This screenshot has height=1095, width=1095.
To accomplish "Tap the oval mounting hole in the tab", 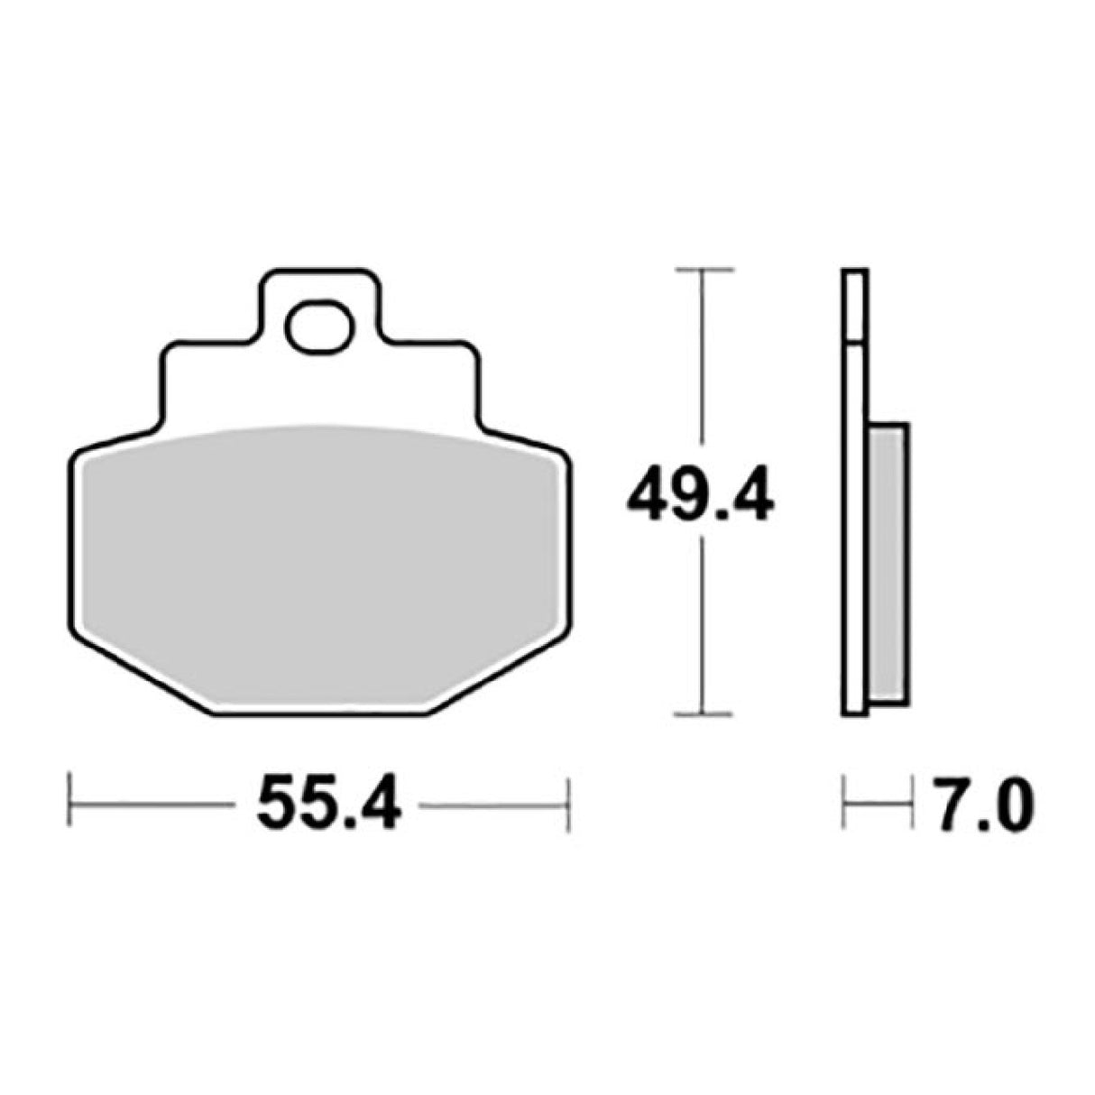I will [318, 327].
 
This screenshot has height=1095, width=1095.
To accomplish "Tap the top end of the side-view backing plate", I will [855, 272].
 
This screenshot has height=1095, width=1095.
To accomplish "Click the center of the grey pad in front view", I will [320, 568].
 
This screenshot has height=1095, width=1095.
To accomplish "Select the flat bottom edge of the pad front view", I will [320, 715].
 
